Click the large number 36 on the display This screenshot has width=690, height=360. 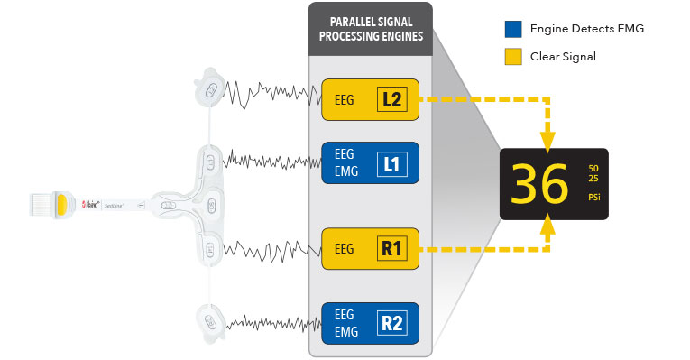[x=539, y=185]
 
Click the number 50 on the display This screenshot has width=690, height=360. [x=593, y=168]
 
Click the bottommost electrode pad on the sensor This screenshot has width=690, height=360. [x=209, y=320]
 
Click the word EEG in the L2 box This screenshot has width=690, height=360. [x=344, y=100]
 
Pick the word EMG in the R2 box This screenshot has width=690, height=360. [x=345, y=331]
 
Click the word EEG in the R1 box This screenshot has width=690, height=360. [x=344, y=249]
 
